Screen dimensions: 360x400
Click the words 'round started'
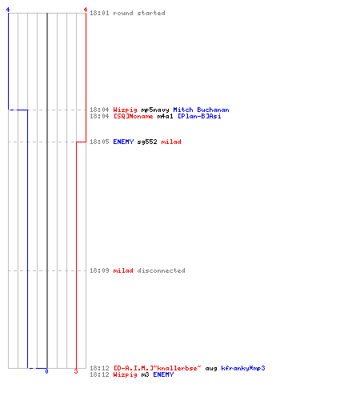[139, 13]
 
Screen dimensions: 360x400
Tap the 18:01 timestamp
[99, 13]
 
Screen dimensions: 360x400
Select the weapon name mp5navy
[155, 110]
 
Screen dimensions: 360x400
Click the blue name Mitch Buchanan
[201, 110]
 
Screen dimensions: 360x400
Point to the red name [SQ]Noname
[133, 116]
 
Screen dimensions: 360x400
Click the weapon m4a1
[165, 116]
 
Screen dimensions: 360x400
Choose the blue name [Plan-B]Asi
[199, 116]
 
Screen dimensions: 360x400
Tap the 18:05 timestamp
[99, 142]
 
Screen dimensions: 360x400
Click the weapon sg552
[147, 142]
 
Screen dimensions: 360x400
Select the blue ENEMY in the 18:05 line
[123, 142]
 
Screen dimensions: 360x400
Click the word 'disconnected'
[161, 270]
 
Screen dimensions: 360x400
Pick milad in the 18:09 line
[123, 270]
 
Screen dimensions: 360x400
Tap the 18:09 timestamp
[99, 270]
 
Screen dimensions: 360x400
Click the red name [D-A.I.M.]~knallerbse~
[157, 368]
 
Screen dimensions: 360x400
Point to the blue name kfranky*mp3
[243, 368]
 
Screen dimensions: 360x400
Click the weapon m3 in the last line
[145, 374]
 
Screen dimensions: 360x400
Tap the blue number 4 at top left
[8, 10]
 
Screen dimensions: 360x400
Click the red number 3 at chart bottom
[76, 371]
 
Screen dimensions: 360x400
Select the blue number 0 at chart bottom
[46, 371]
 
